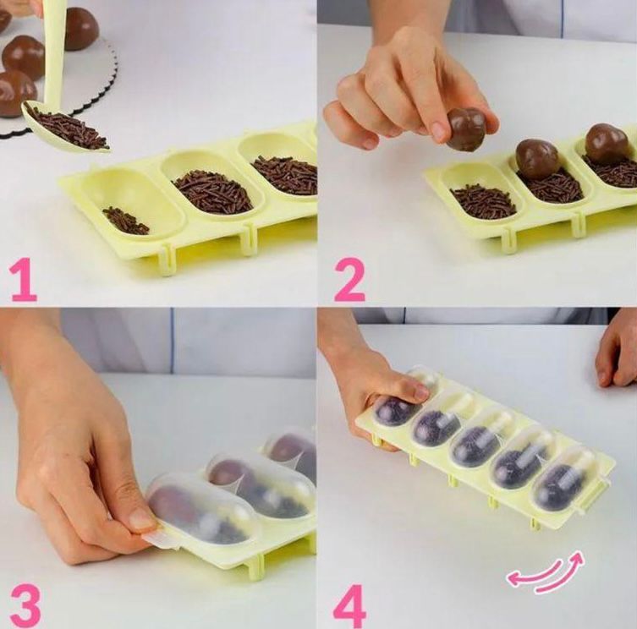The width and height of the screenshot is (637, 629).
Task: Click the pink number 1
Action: (x=24, y=281)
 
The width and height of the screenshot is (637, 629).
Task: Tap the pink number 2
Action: (x=349, y=281)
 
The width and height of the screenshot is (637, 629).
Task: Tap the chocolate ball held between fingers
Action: (x=466, y=129)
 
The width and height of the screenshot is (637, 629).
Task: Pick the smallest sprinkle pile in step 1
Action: (x=125, y=221)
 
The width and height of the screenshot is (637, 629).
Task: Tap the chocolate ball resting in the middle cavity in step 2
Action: (x=537, y=159)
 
